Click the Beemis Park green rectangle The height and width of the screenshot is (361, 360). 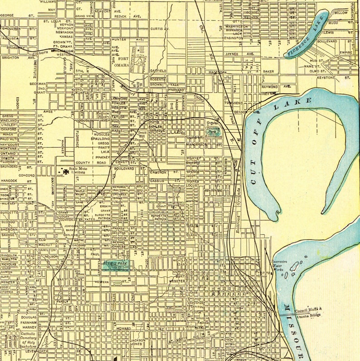pyautogui.click(x=115, y=265)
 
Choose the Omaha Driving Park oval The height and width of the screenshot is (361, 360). pyautogui.click(x=213, y=132)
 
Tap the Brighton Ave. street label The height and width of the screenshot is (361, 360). pyautogui.click(x=18, y=58)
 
